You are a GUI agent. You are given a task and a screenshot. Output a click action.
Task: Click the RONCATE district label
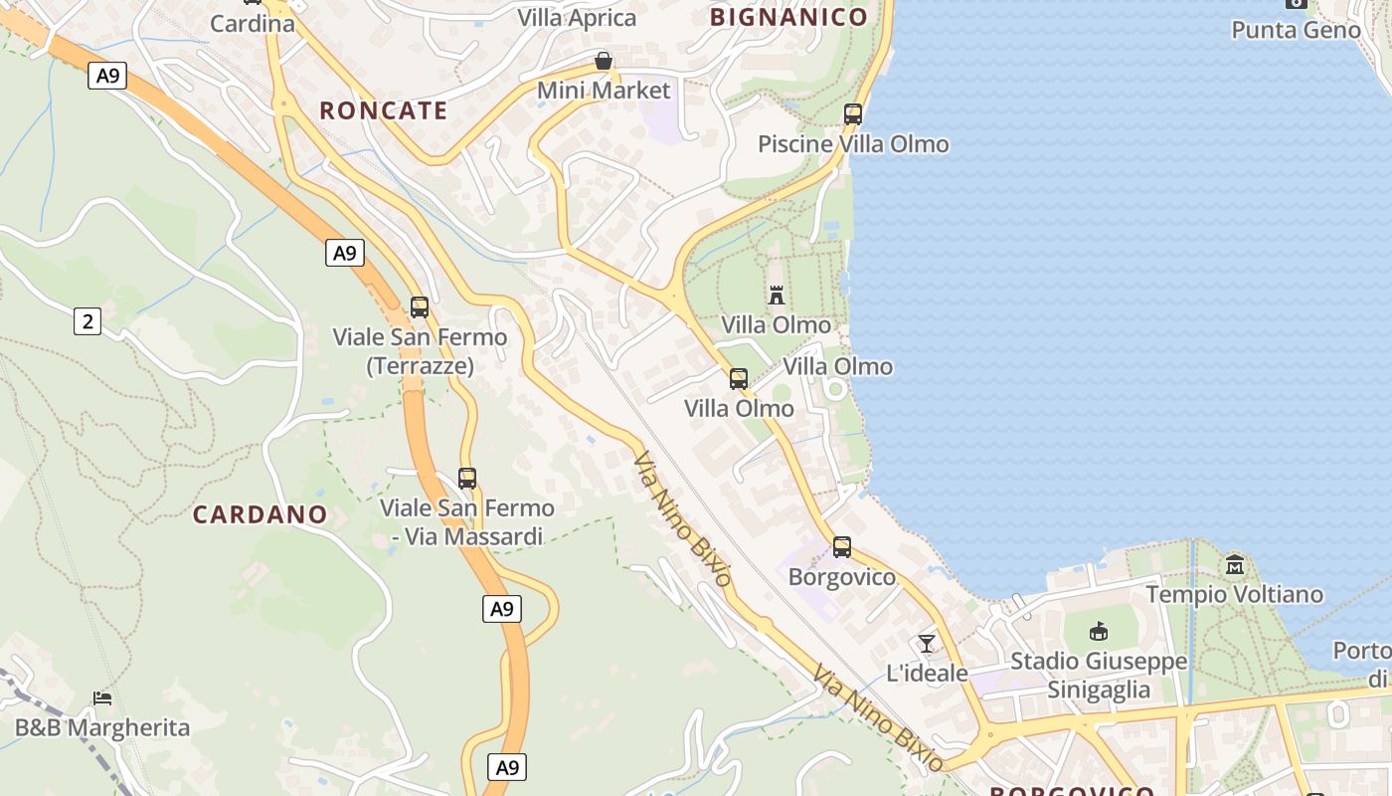[383, 110]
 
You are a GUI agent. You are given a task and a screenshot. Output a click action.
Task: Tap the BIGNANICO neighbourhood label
[788, 17]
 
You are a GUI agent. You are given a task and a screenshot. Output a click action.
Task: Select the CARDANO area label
[260, 514]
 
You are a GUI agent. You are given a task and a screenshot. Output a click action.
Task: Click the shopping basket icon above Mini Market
[603, 62]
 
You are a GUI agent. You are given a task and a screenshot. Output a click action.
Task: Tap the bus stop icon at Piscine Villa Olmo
[852, 114]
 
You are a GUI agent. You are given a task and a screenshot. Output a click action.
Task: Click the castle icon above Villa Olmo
[777, 296]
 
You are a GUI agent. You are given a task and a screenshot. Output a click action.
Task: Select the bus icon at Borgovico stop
[841, 547]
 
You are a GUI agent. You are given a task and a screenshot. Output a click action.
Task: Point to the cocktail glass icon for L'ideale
[927, 644]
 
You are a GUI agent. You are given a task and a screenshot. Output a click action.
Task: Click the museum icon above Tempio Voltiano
[1235, 565]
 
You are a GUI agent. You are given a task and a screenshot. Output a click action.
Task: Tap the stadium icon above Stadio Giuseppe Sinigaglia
[1098, 632]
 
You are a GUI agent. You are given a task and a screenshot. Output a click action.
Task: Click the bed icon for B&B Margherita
[101, 698]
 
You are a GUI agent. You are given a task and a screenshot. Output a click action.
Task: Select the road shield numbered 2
[87, 321]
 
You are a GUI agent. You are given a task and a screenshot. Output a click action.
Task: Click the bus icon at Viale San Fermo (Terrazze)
[420, 307]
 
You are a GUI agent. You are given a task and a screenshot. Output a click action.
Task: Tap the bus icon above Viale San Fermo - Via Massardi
[466, 479]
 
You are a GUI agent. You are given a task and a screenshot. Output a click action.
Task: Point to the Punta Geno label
[1296, 30]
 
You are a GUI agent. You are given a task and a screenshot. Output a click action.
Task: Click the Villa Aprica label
[577, 18]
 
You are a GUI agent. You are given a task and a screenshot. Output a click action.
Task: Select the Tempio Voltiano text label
[1234, 595]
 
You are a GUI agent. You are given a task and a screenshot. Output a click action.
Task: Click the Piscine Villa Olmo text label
[853, 144]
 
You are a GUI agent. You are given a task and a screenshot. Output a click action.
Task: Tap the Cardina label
[253, 23]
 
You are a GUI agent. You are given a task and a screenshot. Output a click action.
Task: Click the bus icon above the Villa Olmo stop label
[738, 379]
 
